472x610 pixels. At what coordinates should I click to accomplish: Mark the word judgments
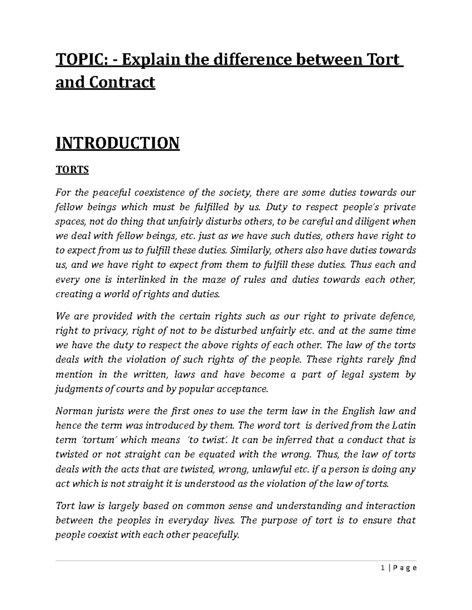[77, 389]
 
